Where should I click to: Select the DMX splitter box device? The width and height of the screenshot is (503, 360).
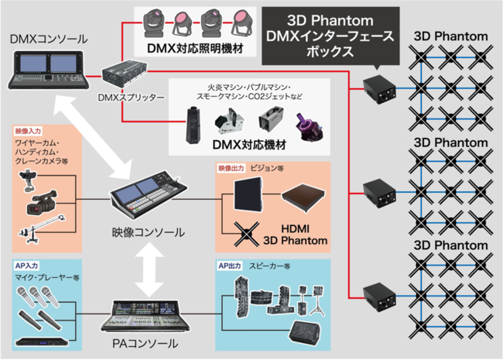pyautogui.click(x=132, y=75)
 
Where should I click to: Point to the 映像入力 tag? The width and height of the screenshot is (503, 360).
pyautogui.click(x=29, y=131)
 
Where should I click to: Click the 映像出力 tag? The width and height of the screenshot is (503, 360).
pyautogui.click(x=231, y=167)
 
